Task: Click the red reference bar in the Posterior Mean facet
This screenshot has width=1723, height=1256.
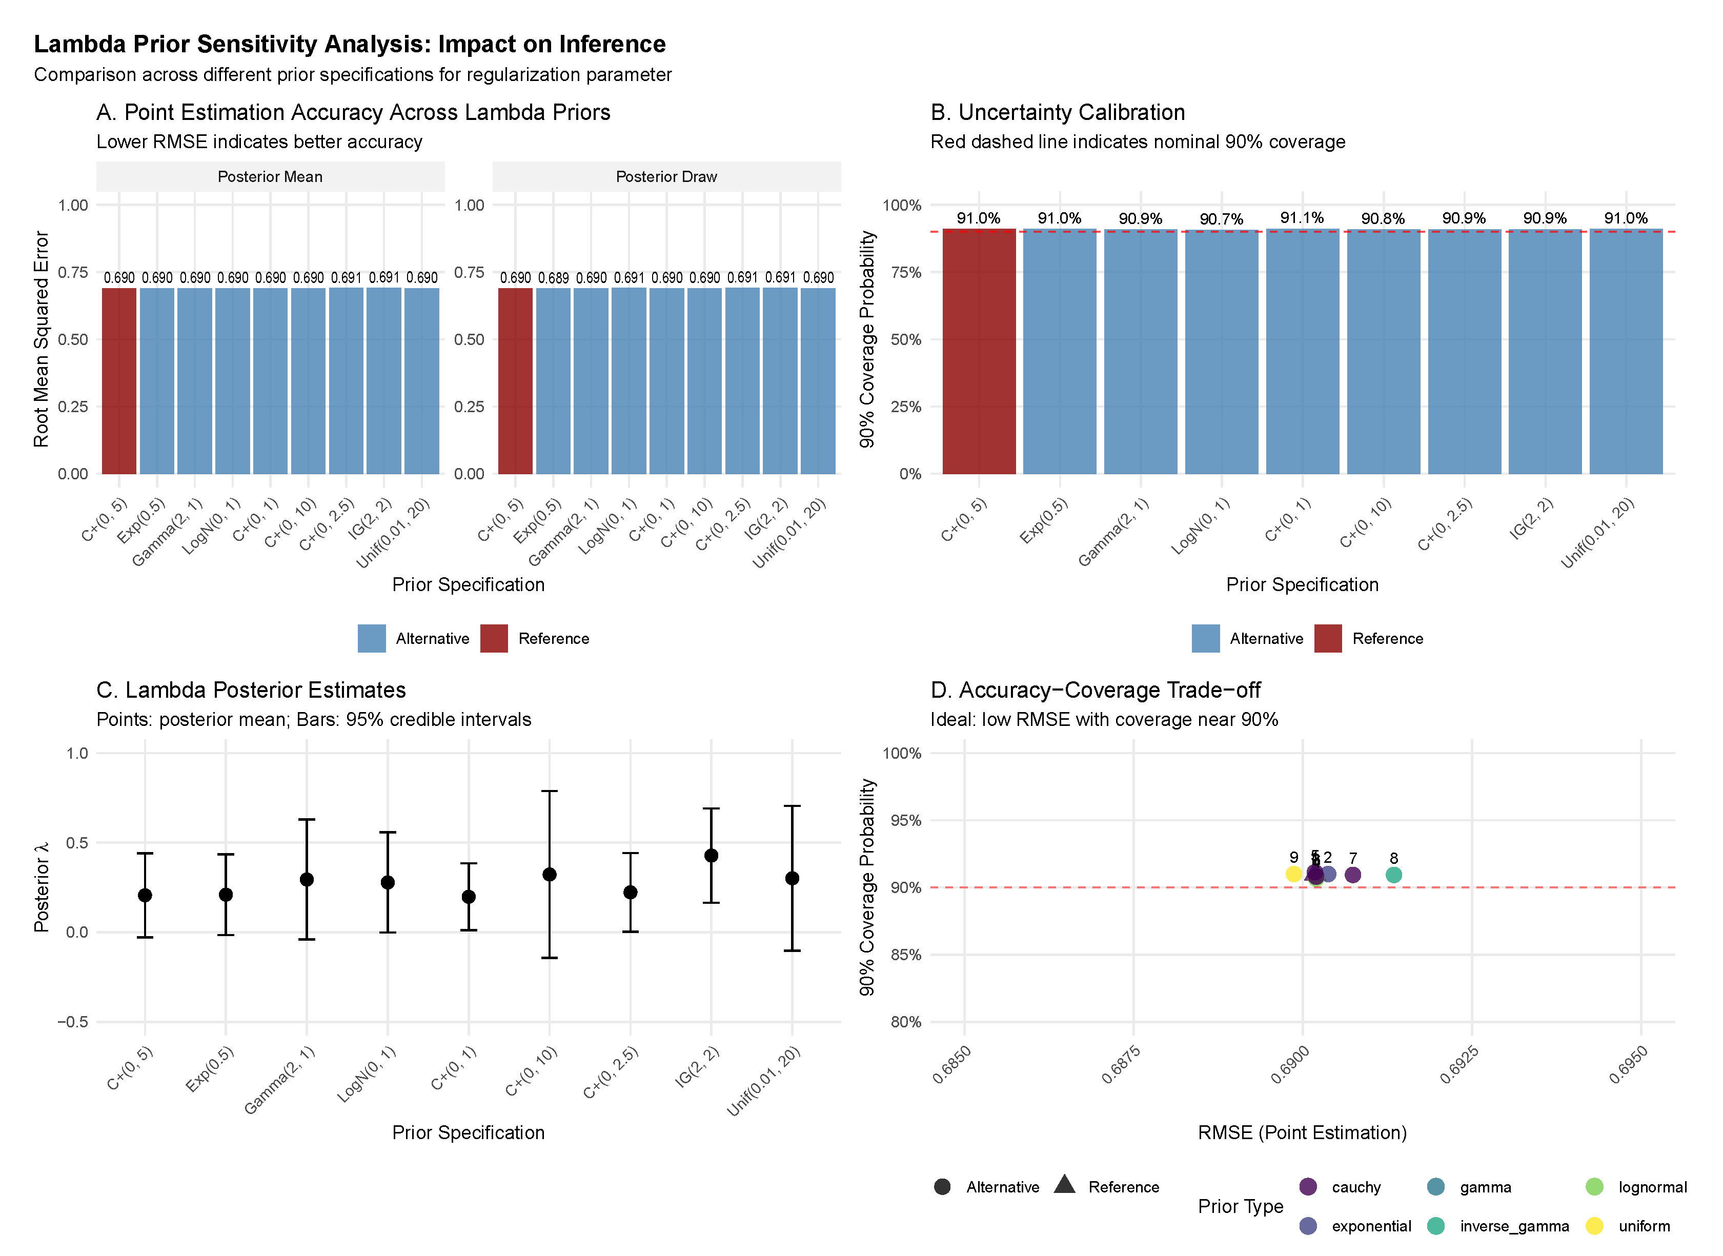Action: pos(119,380)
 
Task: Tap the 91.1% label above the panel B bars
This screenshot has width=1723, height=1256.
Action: pos(1302,218)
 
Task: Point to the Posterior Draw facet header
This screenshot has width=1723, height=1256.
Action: pos(666,176)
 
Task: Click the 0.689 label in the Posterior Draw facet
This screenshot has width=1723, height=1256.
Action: pos(553,278)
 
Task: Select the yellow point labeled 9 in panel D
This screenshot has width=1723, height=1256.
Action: pos(1294,875)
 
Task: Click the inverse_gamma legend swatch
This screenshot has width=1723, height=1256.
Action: pos(1435,1226)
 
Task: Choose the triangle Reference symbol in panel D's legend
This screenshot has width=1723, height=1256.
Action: pos(1065,1185)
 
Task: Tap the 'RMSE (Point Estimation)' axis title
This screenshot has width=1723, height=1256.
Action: pos(1302,1133)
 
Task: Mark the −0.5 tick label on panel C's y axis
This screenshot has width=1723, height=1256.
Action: pos(73,1022)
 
